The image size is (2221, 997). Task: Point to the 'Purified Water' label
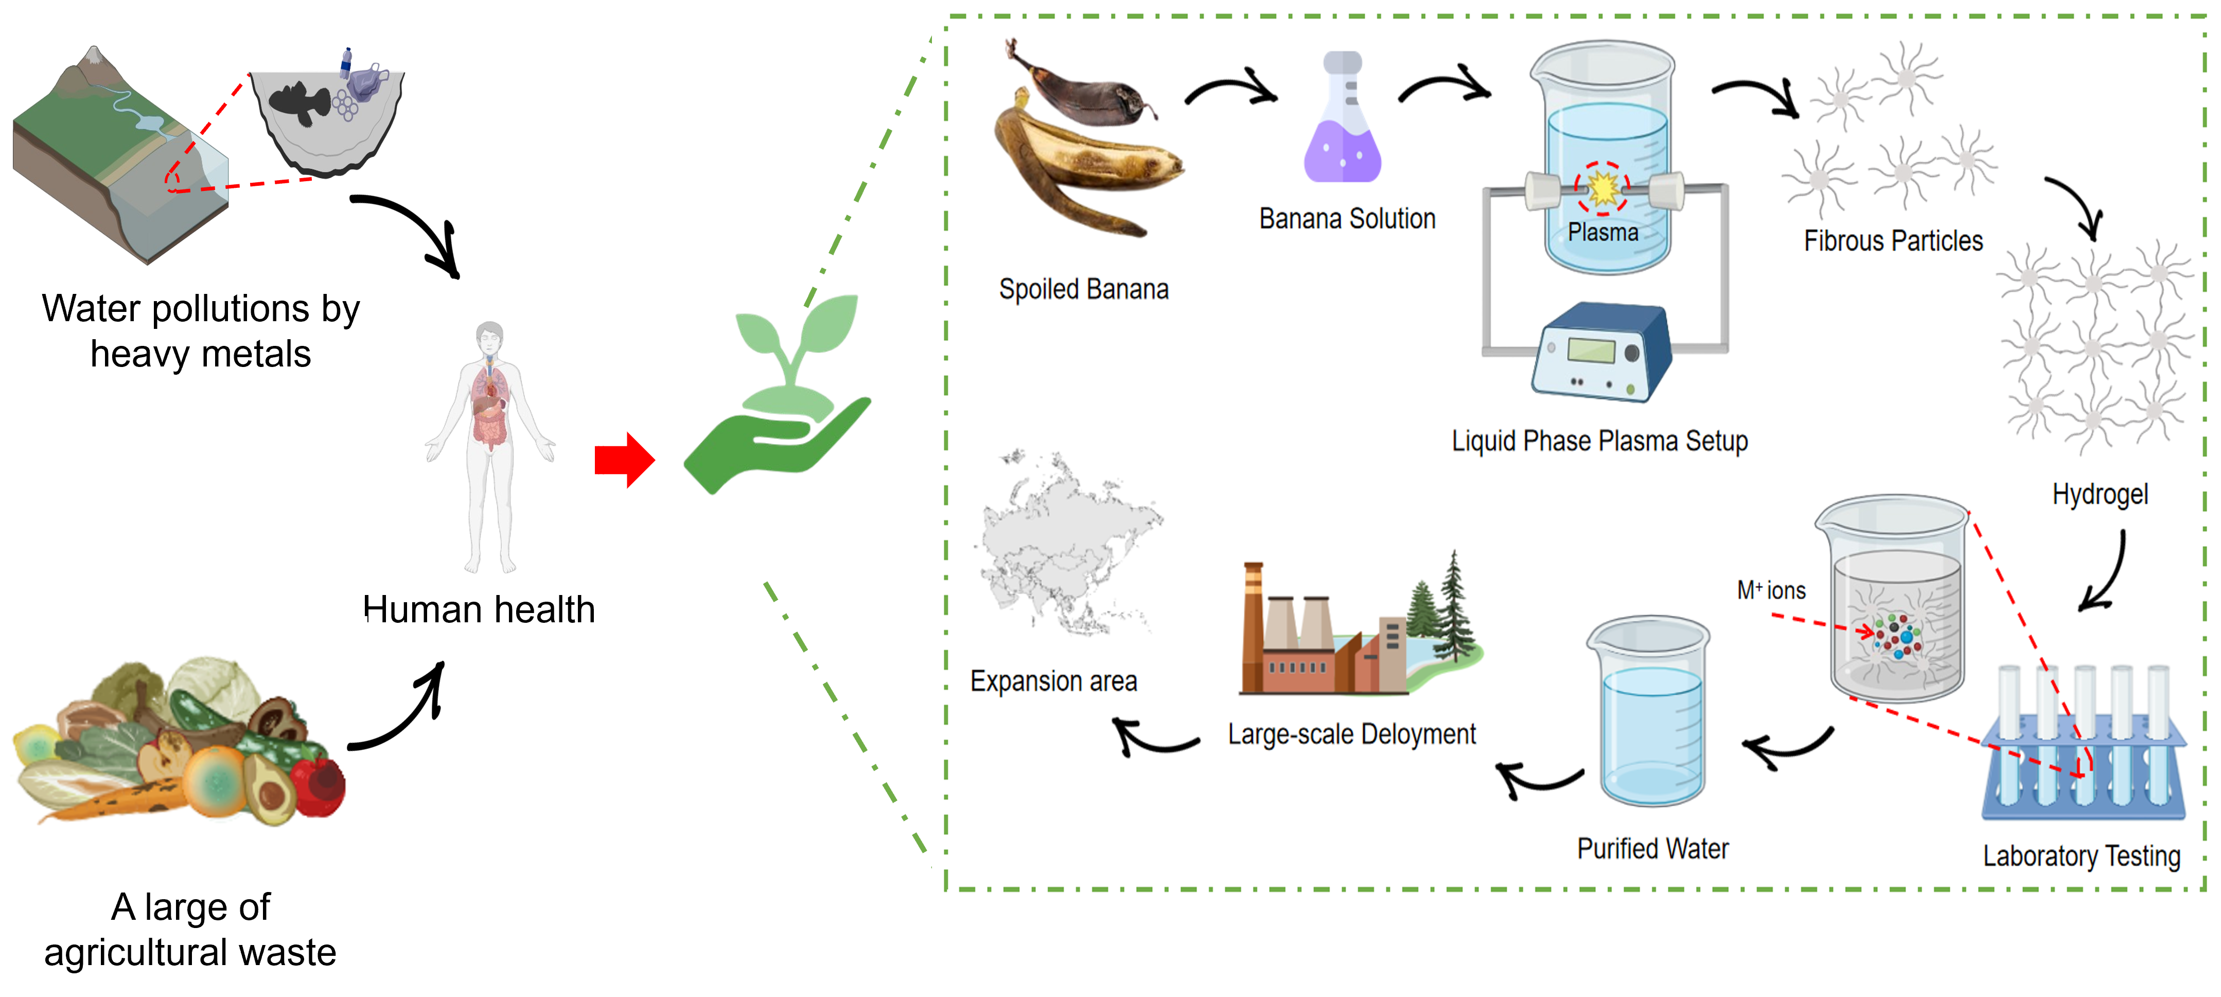point(1652,849)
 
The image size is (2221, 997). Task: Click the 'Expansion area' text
point(1053,681)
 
